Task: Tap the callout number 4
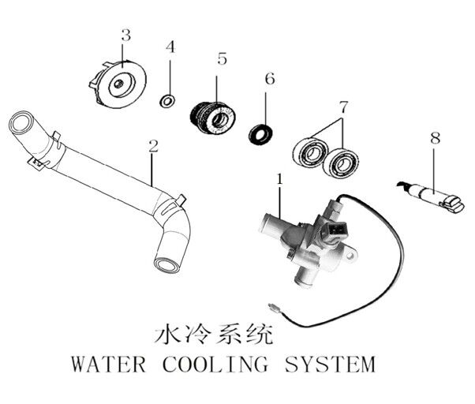pos(169,47)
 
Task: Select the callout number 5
pos(222,58)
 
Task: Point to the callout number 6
pos(269,79)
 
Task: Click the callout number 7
pos(342,106)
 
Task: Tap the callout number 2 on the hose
pos(153,146)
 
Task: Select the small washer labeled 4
pos(166,101)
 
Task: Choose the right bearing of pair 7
pos(342,163)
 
